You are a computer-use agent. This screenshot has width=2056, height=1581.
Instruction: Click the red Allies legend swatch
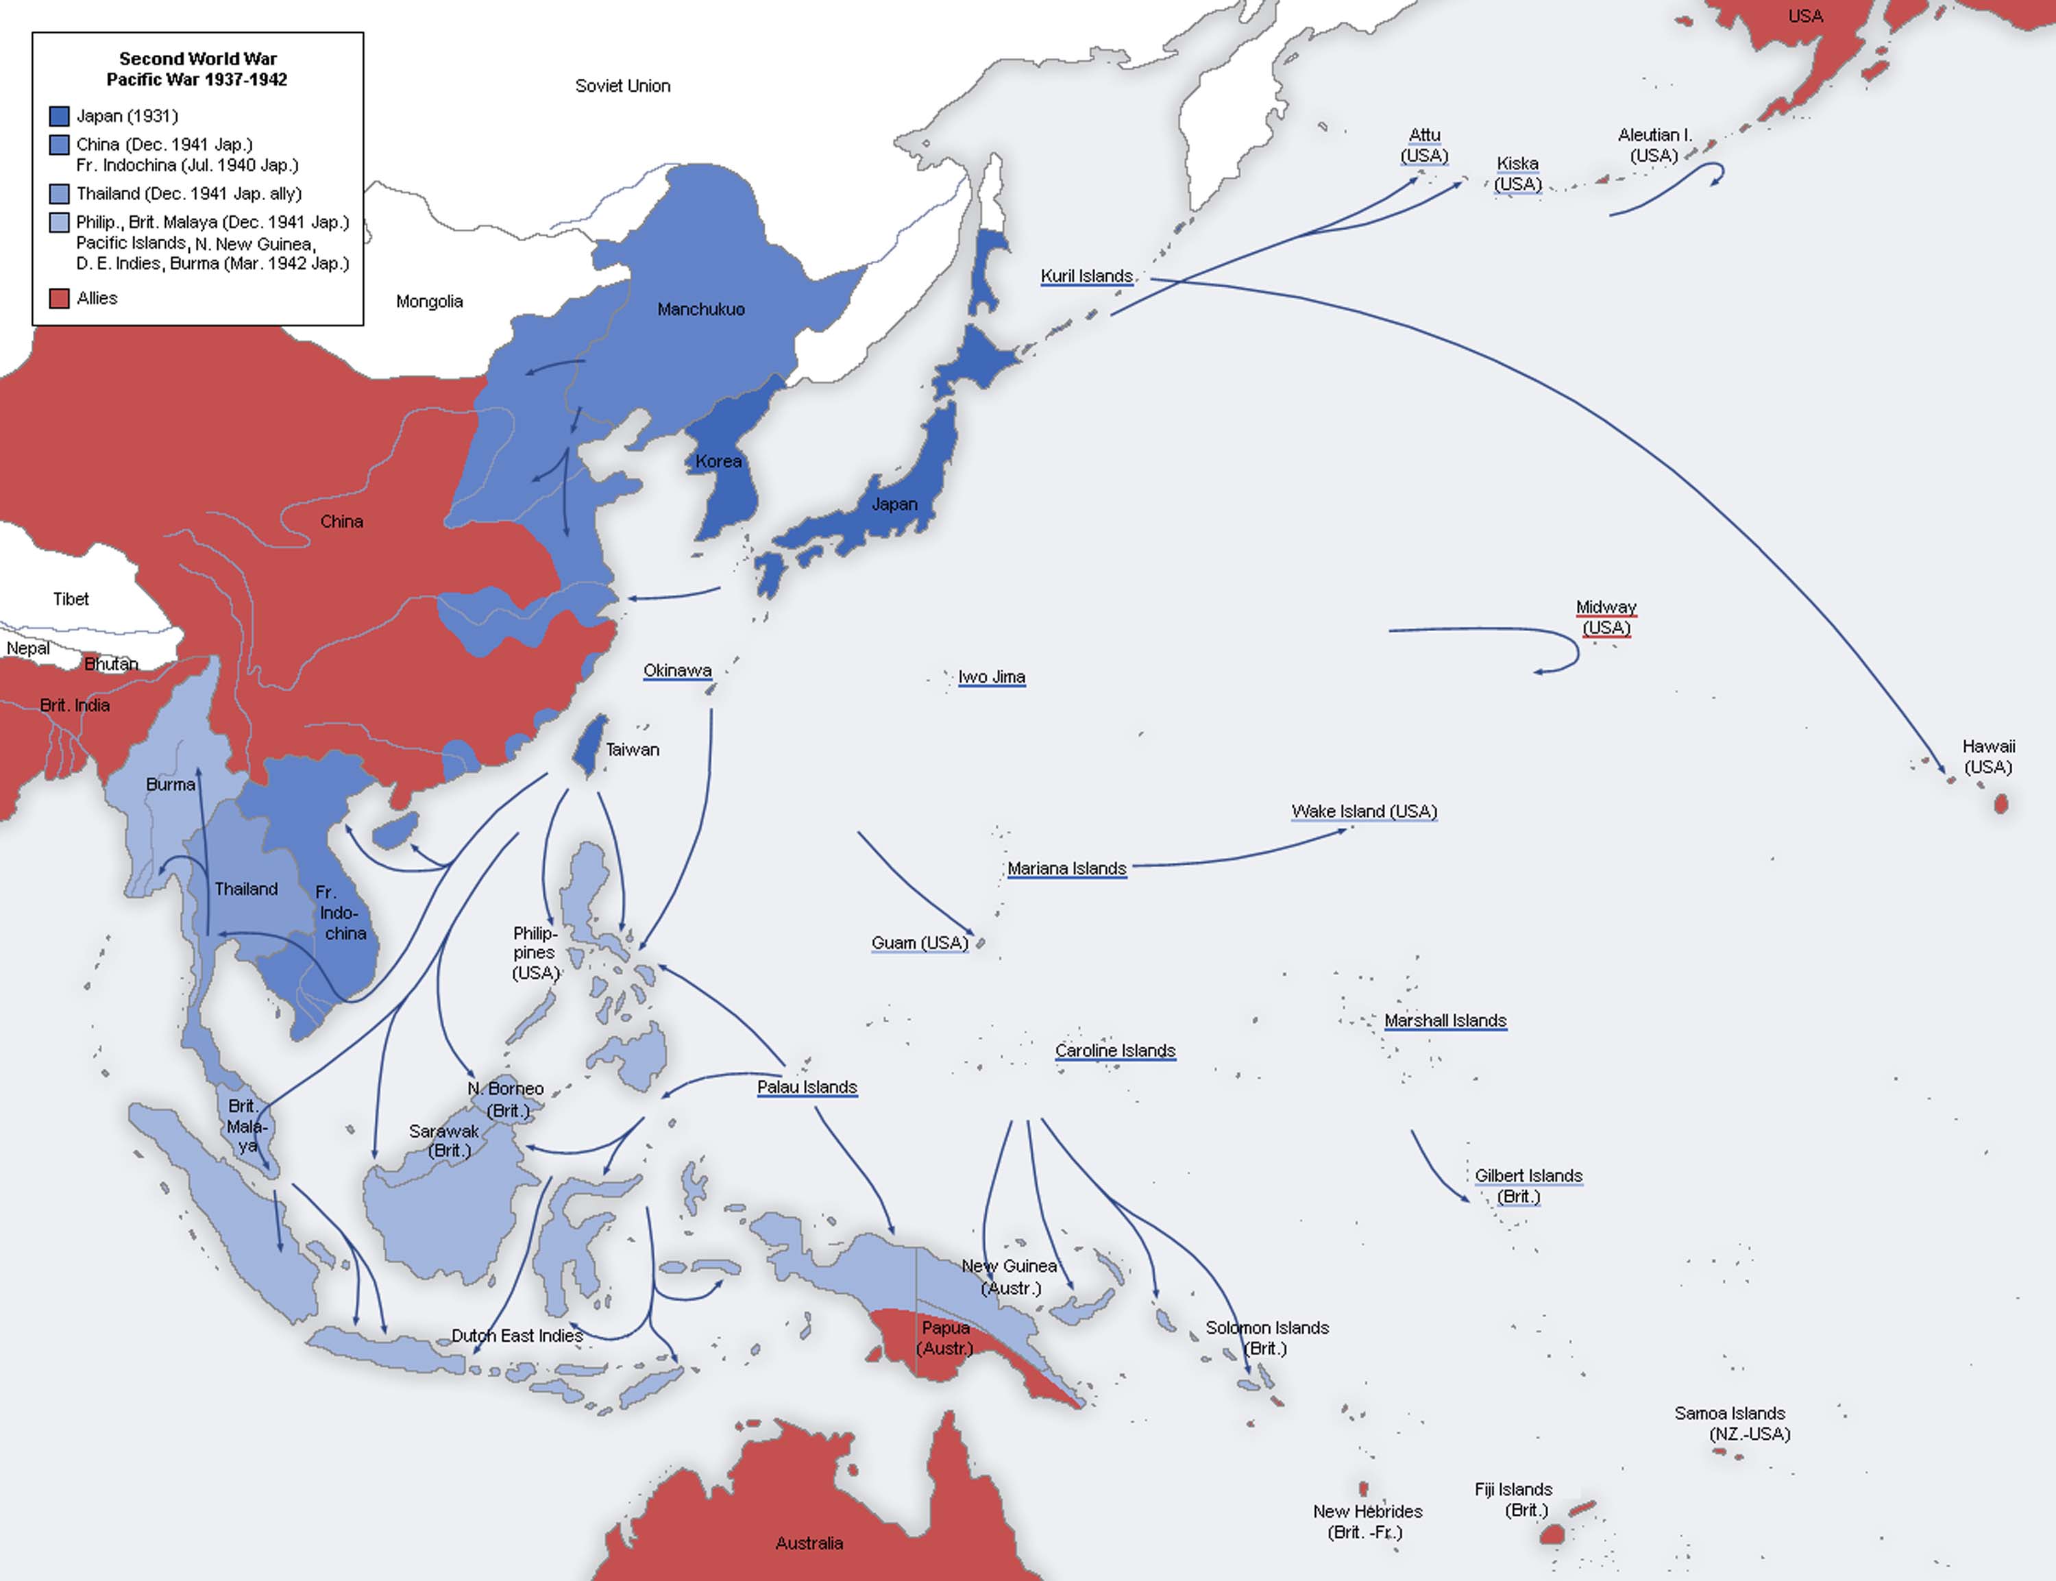click(59, 298)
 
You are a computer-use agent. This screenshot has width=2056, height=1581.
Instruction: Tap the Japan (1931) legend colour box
click(59, 116)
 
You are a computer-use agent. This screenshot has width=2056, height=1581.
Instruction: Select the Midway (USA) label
click(1606, 617)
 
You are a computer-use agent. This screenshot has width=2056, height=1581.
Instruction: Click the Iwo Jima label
click(991, 676)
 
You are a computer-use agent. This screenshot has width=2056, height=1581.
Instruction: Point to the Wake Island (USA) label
click(1363, 811)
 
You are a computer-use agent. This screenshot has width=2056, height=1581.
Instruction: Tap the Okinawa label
click(678, 670)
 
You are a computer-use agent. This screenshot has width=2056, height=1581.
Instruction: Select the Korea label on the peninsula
click(718, 461)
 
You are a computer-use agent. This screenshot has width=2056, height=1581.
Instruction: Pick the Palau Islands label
click(807, 1087)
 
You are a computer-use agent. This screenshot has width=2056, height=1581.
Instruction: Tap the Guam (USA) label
click(919, 943)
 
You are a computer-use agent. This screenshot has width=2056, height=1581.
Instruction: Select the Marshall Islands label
click(1445, 1020)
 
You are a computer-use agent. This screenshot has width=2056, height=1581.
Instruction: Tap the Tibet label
click(71, 598)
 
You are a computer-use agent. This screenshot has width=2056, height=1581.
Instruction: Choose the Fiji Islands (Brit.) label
click(1513, 1499)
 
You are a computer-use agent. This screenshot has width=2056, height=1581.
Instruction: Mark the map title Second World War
click(197, 58)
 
